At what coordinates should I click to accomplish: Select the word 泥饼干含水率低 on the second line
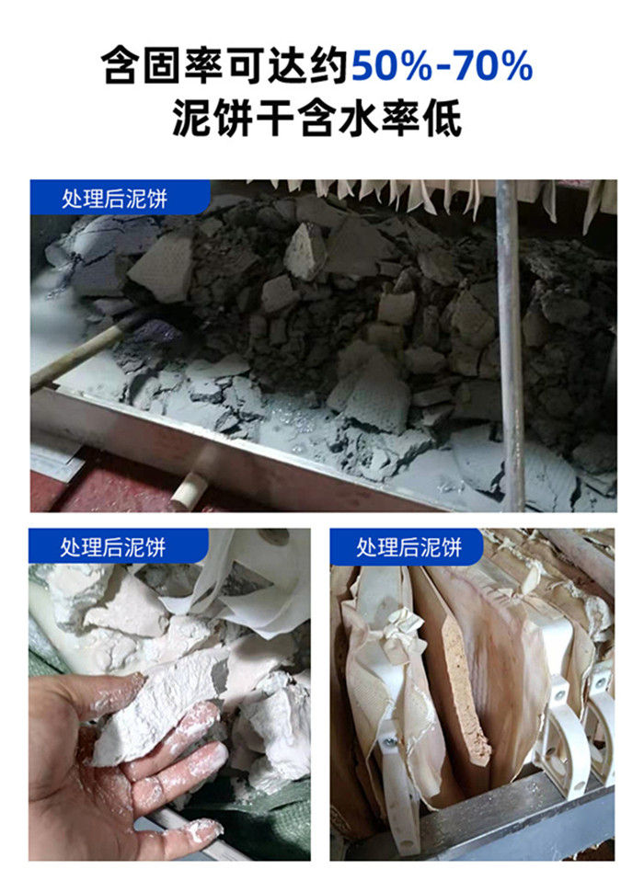click(317, 119)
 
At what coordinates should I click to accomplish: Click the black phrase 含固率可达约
click(225, 66)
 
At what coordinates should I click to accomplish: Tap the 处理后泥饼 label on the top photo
click(114, 199)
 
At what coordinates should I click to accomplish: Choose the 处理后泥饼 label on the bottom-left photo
click(112, 546)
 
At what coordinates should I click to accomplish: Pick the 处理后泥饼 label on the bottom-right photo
click(408, 546)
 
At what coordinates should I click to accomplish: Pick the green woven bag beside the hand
click(270, 820)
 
